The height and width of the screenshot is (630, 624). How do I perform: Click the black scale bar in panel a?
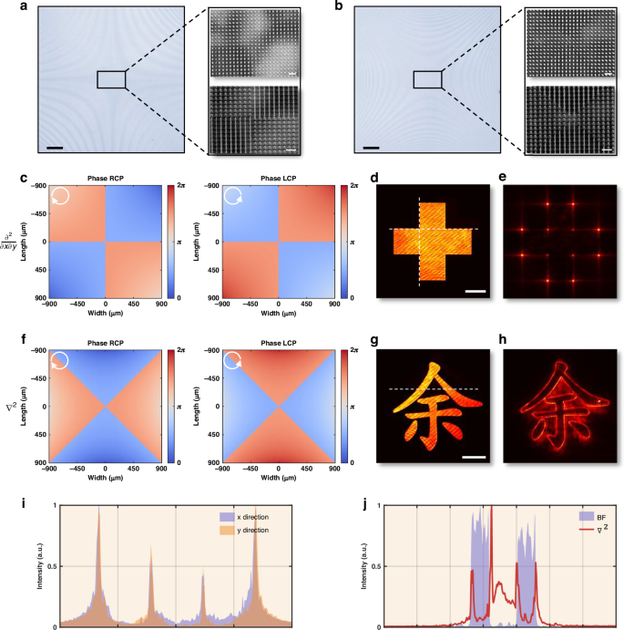(55, 146)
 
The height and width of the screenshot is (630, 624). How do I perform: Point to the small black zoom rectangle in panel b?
(427, 80)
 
